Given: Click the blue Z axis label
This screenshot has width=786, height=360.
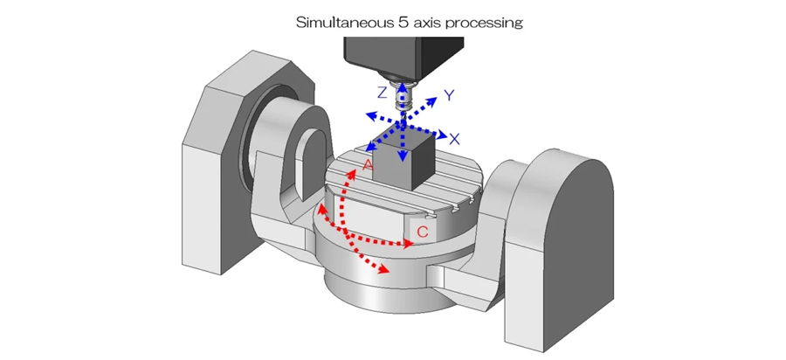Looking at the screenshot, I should (383, 92).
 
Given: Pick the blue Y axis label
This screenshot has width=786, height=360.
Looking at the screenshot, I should (449, 94).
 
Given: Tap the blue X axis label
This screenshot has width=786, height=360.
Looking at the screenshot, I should (453, 138).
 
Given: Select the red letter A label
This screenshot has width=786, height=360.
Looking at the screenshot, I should (368, 163).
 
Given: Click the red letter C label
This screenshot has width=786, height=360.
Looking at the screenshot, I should (423, 232).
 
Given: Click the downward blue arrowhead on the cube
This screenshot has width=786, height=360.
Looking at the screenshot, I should (403, 156).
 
